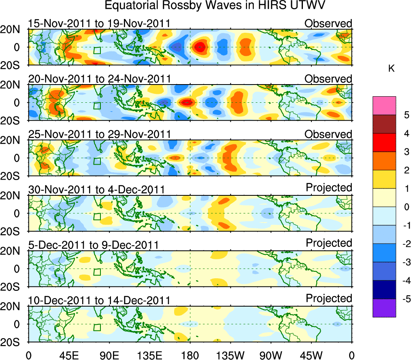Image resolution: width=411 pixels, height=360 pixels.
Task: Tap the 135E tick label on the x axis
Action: click(x=149, y=355)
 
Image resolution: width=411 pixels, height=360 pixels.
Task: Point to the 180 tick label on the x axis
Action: click(x=190, y=355)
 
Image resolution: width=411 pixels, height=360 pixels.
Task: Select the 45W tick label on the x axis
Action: click(x=311, y=355)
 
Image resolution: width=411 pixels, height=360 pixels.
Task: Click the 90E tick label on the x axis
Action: click(x=109, y=355)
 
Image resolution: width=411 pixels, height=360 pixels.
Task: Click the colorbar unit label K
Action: click(x=391, y=69)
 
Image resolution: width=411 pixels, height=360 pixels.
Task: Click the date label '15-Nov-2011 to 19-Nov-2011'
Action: click(x=99, y=23)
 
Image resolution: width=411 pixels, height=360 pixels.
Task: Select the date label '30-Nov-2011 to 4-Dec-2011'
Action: click(x=96, y=189)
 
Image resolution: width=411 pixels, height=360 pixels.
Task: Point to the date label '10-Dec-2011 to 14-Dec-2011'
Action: click(x=99, y=300)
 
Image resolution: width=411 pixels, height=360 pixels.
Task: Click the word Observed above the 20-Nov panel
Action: click(x=328, y=78)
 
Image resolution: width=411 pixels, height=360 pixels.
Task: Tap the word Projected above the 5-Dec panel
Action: click(x=329, y=243)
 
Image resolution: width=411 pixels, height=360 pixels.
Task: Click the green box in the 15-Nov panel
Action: click(x=97, y=50)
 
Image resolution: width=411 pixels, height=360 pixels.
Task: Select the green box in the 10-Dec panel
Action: click(x=97, y=327)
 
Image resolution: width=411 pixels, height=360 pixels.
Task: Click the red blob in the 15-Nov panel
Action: click(x=200, y=48)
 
